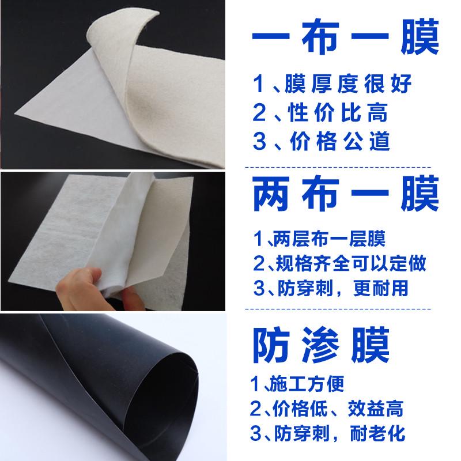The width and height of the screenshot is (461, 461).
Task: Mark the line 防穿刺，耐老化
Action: point(340,433)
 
